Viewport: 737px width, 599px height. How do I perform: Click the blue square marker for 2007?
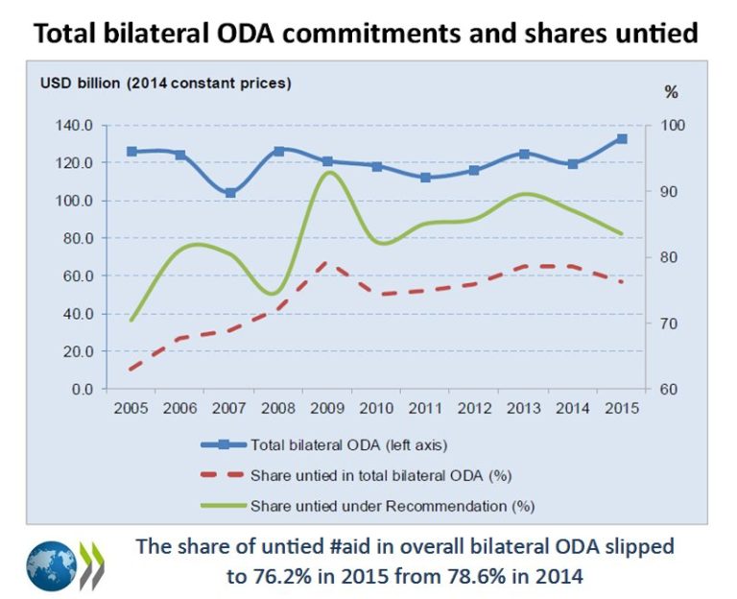pyautogui.click(x=229, y=193)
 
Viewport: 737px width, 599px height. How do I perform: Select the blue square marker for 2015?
pyautogui.click(x=622, y=139)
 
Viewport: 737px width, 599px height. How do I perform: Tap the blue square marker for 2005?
pyautogui.click(x=131, y=152)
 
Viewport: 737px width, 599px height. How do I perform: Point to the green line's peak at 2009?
pyautogui.click(x=328, y=173)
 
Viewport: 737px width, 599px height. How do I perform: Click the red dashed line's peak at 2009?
pyautogui.click(x=328, y=261)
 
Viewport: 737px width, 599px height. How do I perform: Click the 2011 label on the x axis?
pyautogui.click(x=425, y=409)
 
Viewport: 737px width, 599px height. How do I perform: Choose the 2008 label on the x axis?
pyautogui.click(x=278, y=409)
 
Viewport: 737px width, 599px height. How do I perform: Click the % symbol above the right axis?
pyautogui.click(x=671, y=92)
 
